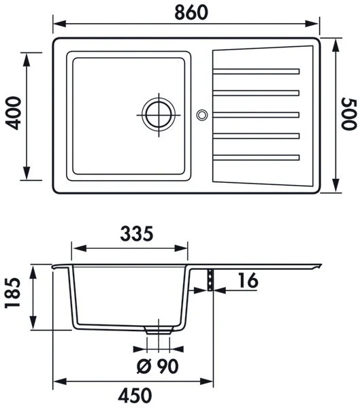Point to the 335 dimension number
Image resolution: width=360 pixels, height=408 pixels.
point(131,234)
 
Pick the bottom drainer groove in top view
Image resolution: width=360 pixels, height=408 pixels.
point(257,158)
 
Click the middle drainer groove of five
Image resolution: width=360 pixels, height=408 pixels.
point(257,114)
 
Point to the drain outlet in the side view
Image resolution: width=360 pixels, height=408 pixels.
point(158,328)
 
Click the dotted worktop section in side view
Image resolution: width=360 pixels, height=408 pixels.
point(211,279)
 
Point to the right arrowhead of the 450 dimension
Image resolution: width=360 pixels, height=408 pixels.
point(205,381)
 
